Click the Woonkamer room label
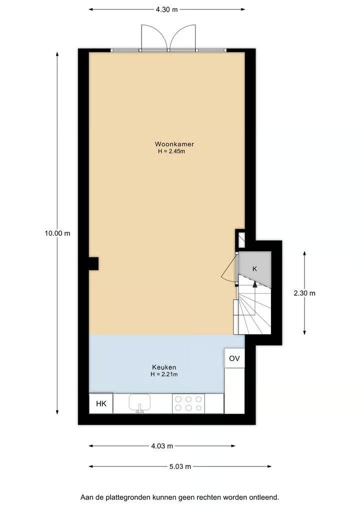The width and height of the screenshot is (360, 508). (174, 144)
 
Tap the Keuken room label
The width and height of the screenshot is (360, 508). (164, 367)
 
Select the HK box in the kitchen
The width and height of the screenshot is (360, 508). (101, 404)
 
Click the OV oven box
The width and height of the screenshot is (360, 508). (234, 358)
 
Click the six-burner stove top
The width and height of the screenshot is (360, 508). (188, 404)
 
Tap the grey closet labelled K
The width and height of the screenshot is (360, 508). (254, 269)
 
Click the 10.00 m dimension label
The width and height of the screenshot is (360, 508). (57, 233)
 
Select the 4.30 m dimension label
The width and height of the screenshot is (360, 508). (166, 9)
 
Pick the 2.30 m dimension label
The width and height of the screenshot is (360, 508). (304, 293)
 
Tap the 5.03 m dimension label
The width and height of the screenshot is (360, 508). (180, 467)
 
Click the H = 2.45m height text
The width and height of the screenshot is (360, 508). (171, 151)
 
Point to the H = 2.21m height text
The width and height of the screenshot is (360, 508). (164, 375)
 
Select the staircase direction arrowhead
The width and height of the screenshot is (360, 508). (255, 284)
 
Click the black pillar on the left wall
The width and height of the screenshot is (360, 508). (93, 263)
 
